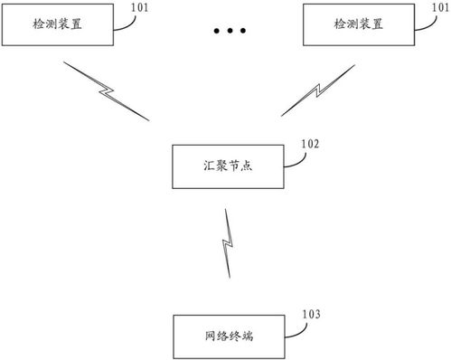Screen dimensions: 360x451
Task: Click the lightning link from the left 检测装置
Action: pos(107,91)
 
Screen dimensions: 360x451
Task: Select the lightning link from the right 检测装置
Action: pos(322,90)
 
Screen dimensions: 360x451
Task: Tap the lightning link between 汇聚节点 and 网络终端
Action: pos(228,243)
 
